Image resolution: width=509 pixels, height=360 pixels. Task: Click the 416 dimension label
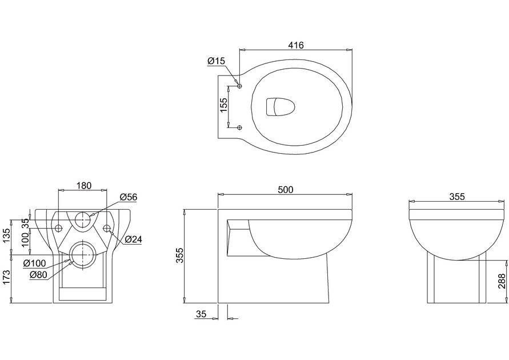pyautogui.click(x=296, y=45)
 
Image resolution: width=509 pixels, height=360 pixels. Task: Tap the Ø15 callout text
pyautogui.click(x=216, y=61)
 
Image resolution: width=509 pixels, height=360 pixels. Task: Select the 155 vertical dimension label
pyautogui.click(x=224, y=105)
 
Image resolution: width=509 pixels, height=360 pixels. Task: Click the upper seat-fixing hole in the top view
pyautogui.click(x=240, y=86)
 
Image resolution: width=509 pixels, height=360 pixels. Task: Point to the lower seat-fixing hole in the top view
pyautogui.click(x=240, y=127)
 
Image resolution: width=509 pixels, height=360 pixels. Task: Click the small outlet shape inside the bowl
pyautogui.click(x=280, y=106)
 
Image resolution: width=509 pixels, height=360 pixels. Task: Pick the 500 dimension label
pyautogui.click(x=285, y=190)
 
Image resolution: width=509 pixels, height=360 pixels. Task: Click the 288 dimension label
pyautogui.click(x=502, y=281)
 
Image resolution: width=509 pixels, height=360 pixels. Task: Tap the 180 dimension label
pyautogui.click(x=84, y=186)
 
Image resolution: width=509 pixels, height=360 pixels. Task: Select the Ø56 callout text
pyautogui.click(x=129, y=197)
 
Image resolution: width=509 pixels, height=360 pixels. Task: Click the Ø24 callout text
pyautogui.click(x=134, y=239)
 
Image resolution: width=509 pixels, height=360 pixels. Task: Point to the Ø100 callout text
pyautogui.click(x=35, y=263)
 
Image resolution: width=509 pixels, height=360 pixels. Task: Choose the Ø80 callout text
pyautogui.click(x=38, y=275)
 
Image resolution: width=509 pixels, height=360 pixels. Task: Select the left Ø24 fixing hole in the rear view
pyautogui.click(x=58, y=228)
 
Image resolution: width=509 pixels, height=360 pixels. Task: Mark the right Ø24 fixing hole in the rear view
pyautogui.click(x=107, y=228)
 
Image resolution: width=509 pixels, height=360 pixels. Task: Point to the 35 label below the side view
pyautogui.click(x=201, y=314)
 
